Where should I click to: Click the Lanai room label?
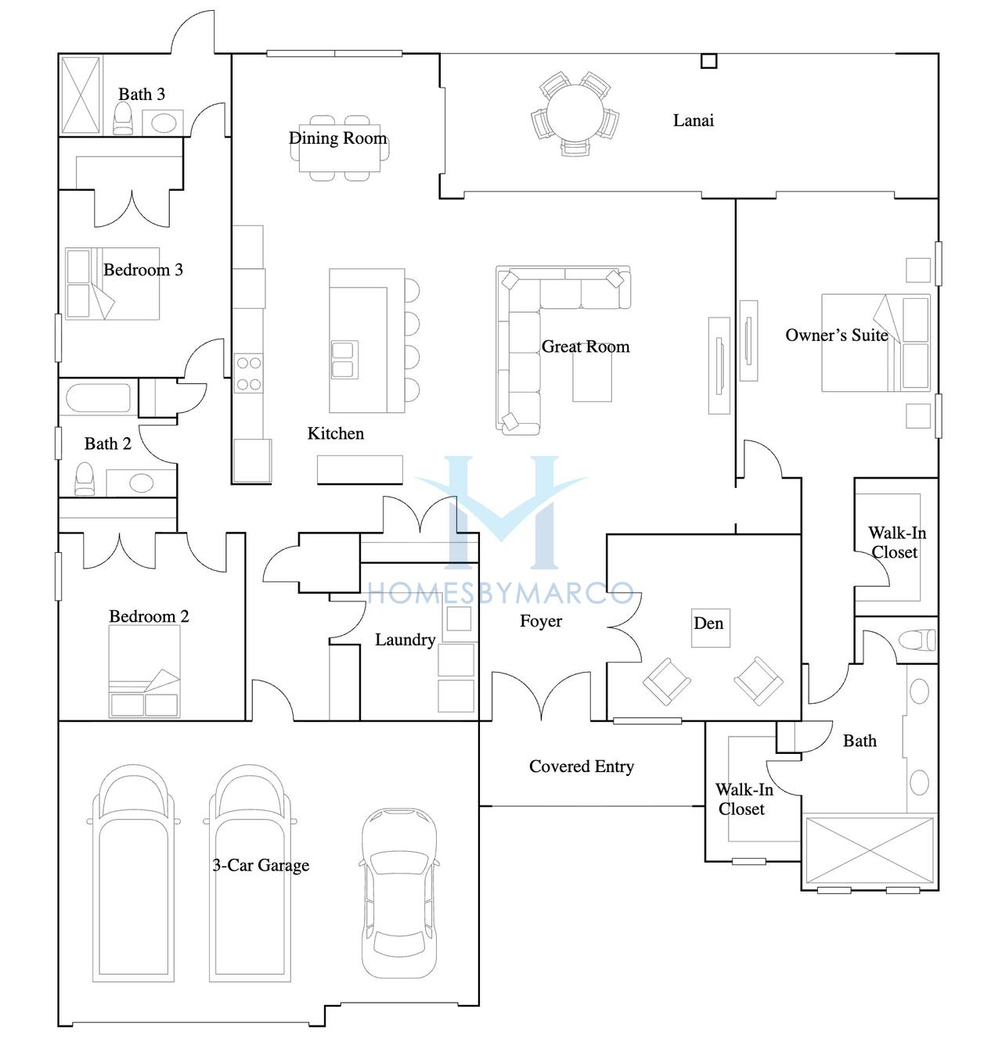pyautogui.click(x=693, y=120)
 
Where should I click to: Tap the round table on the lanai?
pyautogui.click(x=575, y=113)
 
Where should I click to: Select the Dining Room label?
pyautogui.click(x=337, y=138)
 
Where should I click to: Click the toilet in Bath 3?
pyautogui.click(x=123, y=119)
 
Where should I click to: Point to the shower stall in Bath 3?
pyautogui.click(x=81, y=95)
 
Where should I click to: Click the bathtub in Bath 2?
pyautogui.click(x=98, y=398)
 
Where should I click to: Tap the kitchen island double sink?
pyautogui.click(x=344, y=360)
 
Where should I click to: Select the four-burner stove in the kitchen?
pyautogui.click(x=249, y=373)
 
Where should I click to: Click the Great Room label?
pyautogui.click(x=585, y=346)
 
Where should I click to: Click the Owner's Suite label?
pyautogui.click(x=837, y=335)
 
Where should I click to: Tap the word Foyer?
pyautogui.click(x=540, y=621)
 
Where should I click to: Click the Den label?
pyautogui.click(x=708, y=623)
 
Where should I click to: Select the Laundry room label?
pyautogui.click(x=405, y=640)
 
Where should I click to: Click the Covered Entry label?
pyautogui.click(x=582, y=766)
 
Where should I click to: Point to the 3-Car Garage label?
pyautogui.click(x=261, y=865)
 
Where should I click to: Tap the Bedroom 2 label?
pyautogui.click(x=149, y=616)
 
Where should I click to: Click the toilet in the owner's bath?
pyautogui.click(x=917, y=641)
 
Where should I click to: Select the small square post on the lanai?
pyautogui.click(x=709, y=61)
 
